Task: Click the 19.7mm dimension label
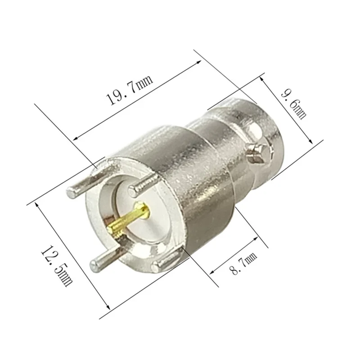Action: (130, 90)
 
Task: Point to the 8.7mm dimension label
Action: (243, 263)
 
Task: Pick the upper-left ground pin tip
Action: (72, 192)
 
